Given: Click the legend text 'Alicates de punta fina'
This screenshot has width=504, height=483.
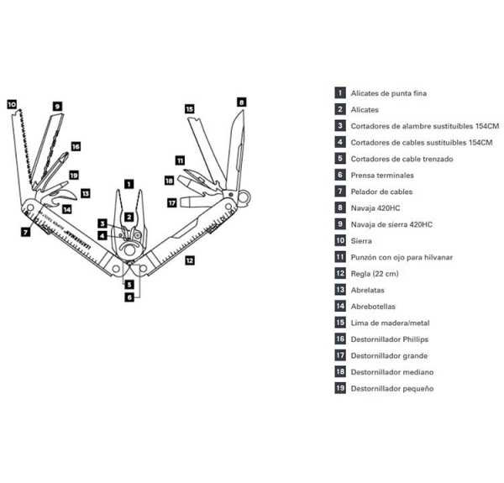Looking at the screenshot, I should pyautogui.click(x=390, y=93).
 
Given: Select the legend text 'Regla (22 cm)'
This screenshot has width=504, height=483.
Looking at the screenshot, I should pyautogui.click(x=375, y=274).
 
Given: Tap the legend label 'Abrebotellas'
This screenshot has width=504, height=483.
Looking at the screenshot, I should pyautogui.click(x=374, y=307).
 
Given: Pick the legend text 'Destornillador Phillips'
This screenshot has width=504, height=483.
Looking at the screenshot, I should pyautogui.click(x=389, y=339).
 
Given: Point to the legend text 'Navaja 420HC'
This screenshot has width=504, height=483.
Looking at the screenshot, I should pyautogui.click(x=375, y=207).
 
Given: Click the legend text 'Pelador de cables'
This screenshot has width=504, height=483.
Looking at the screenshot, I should pyautogui.click(x=382, y=192).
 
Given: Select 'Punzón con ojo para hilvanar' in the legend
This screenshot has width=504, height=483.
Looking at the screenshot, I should pyautogui.click(x=402, y=257).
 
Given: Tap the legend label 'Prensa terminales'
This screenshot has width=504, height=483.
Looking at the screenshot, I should pyautogui.click(x=382, y=175).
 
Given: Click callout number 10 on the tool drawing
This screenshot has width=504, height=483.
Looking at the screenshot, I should pyautogui.click(x=12, y=105).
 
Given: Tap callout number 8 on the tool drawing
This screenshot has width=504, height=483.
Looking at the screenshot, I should pyautogui.click(x=241, y=102).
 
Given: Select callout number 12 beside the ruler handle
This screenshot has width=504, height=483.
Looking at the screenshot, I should pyautogui.click(x=189, y=260).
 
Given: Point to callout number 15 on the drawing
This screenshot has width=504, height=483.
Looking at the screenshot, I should pyautogui.click(x=189, y=108).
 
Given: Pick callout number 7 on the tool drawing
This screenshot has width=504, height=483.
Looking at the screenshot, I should pyautogui.click(x=26, y=231).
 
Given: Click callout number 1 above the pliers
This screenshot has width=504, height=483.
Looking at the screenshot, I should pyautogui.click(x=128, y=182).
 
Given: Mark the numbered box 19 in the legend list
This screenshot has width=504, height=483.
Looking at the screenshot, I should pyautogui.click(x=340, y=388).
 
